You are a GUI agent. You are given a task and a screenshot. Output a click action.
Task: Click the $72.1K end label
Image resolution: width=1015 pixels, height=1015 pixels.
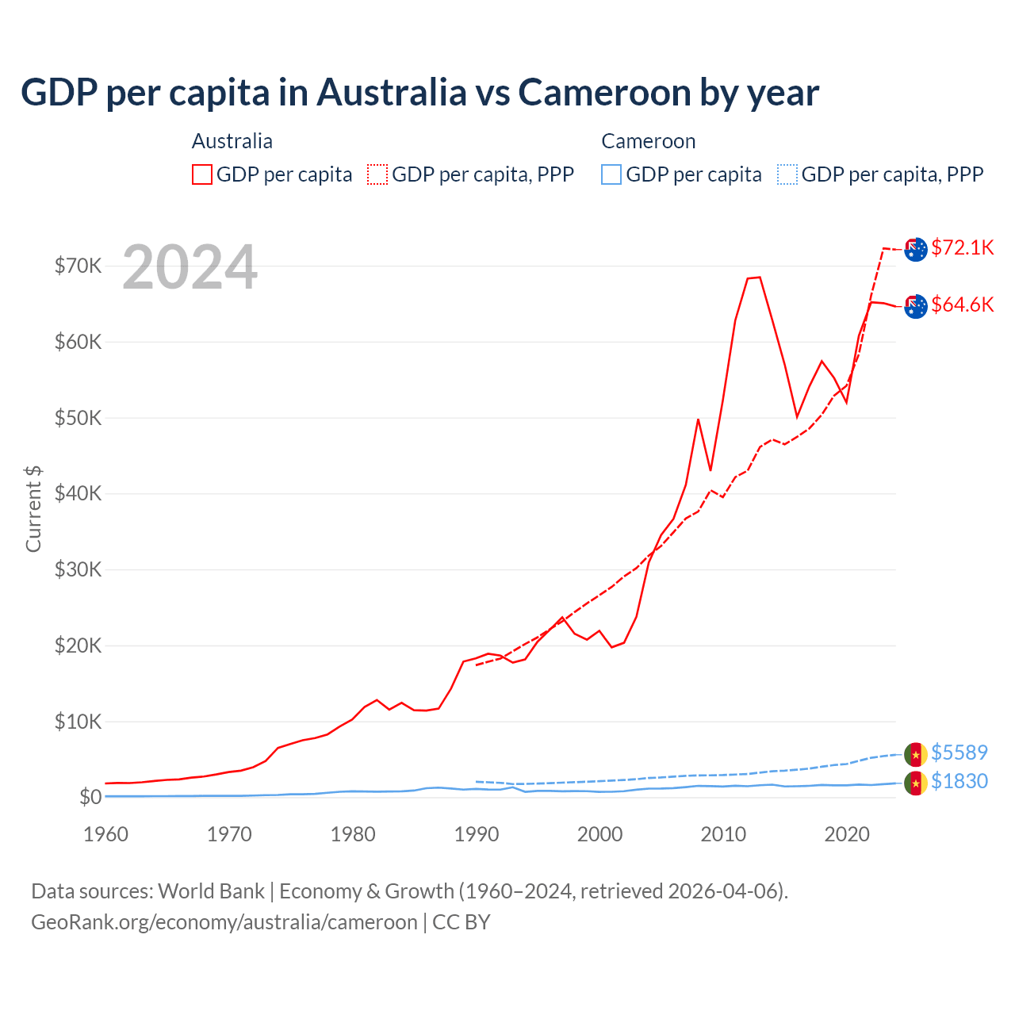pyautogui.click(x=962, y=247)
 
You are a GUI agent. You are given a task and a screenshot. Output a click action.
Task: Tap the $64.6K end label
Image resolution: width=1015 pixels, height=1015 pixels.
pyautogui.click(x=962, y=304)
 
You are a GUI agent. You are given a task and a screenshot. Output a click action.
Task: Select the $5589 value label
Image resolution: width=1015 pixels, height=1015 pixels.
pyautogui.click(x=959, y=752)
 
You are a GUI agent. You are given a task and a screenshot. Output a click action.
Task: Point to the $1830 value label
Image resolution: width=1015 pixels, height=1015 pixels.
pyautogui.click(x=959, y=781)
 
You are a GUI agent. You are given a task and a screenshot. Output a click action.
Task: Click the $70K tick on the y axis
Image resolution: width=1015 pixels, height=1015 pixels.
pyautogui.click(x=78, y=266)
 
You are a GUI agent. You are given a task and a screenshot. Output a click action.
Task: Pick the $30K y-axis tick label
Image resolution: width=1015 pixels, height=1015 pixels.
pyautogui.click(x=78, y=569)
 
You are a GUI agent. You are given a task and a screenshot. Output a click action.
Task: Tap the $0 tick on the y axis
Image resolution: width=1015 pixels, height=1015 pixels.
pyautogui.click(x=90, y=797)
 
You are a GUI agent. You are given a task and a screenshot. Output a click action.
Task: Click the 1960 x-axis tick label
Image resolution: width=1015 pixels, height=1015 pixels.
pyautogui.click(x=105, y=834)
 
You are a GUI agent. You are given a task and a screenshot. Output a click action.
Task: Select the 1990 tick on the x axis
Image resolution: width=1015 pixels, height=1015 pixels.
pyautogui.click(x=477, y=834)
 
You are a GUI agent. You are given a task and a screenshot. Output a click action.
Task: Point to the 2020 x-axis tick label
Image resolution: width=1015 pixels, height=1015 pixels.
pyautogui.click(x=847, y=834)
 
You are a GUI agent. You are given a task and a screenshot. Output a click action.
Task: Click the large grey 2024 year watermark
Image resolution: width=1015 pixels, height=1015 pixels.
pyautogui.click(x=190, y=267)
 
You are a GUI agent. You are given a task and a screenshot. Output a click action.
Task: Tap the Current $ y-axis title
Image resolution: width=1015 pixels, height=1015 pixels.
pyautogui.click(x=33, y=508)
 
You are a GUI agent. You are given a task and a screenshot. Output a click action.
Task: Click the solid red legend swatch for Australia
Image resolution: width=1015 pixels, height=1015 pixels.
pyautogui.click(x=202, y=174)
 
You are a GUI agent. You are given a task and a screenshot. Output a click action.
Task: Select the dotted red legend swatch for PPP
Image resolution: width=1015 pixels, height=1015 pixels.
pyautogui.click(x=377, y=174)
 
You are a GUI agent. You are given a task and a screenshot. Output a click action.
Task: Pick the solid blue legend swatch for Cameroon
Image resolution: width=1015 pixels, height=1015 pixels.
pyautogui.click(x=611, y=174)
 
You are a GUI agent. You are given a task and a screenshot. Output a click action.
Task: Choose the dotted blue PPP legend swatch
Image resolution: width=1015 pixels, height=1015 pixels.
pyautogui.click(x=787, y=174)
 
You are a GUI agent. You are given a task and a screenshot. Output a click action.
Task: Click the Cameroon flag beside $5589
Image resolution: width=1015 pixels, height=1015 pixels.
pyautogui.click(x=916, y=753)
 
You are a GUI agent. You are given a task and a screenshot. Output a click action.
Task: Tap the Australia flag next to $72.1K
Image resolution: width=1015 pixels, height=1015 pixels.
pyautogui.click(x=916, y=249)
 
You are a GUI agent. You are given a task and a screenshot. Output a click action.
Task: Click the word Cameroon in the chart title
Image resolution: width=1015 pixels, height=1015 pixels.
pyautogui.click(x=604, y=92)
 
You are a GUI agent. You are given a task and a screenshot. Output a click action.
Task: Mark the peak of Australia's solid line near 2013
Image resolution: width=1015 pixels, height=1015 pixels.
pyautogui.click(x=759, y=277)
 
